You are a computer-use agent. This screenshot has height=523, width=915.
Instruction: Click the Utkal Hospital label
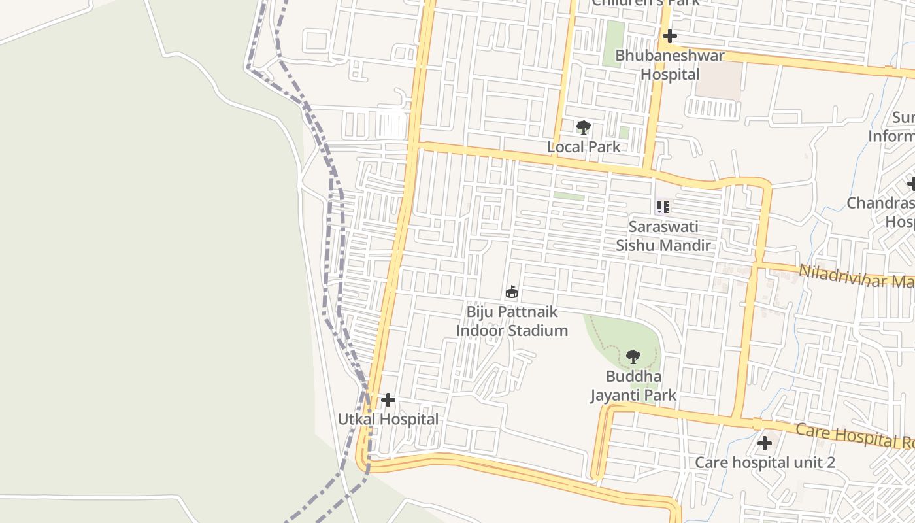coord(388,419)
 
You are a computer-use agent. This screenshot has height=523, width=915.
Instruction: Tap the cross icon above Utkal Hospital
coord(388,399)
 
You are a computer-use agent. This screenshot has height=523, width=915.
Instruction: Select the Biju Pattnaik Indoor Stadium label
coord(512,321)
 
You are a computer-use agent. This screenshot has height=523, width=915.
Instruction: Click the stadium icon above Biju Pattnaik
coord(512,292)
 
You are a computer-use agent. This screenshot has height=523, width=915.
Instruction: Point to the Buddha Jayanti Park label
coord(633,386)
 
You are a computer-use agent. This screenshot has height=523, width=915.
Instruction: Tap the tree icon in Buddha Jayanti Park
coord(633,357)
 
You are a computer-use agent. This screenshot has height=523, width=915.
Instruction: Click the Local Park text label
coord(584,146)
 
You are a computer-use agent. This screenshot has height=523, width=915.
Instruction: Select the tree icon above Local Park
coord(583,127)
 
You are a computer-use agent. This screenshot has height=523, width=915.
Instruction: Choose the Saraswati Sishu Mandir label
coord(663,236)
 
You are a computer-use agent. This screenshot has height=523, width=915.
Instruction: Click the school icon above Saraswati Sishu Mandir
coord(663,207)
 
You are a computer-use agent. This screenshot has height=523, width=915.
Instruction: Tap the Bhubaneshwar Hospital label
coord(670,65)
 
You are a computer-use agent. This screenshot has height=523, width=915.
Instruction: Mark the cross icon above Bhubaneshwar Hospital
coord(670,36)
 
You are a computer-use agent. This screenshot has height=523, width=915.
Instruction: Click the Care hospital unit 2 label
coord(765,462)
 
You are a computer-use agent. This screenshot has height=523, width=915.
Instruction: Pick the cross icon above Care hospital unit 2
coord(764,443)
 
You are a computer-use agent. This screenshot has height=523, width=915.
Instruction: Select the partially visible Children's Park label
coord(645,3)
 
